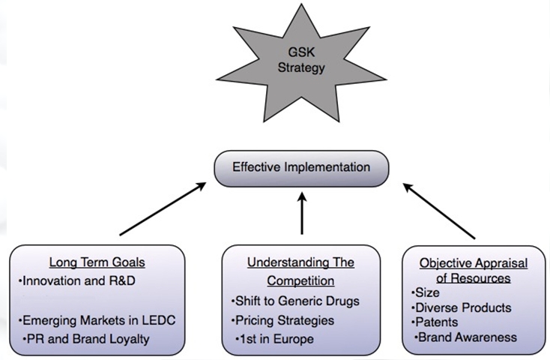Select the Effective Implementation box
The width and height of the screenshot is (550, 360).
(301, 168)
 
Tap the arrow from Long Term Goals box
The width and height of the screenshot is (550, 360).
(163, 208)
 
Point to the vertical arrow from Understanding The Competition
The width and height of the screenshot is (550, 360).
(302, 213)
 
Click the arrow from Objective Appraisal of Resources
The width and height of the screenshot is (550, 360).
(439, 211)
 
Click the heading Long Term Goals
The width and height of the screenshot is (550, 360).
(97, 262)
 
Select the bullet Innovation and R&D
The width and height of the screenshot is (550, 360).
(77, 281)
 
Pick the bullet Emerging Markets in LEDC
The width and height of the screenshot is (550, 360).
(97, 320)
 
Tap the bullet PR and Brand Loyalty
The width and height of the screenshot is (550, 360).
(86, 339)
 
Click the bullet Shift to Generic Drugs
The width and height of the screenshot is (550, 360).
(295, 301)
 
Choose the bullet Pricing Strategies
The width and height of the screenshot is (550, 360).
(282, 320)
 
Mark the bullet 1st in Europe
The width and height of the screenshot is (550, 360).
(275, 339)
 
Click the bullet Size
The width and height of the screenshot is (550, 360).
(426, 292)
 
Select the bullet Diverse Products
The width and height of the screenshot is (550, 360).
(462, 307)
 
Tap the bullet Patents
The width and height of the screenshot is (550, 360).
(435, 322)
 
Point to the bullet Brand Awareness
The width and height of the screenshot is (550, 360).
(465, 337)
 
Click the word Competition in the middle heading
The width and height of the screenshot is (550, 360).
(300, 281)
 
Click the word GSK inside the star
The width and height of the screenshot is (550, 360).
(301, 52)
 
